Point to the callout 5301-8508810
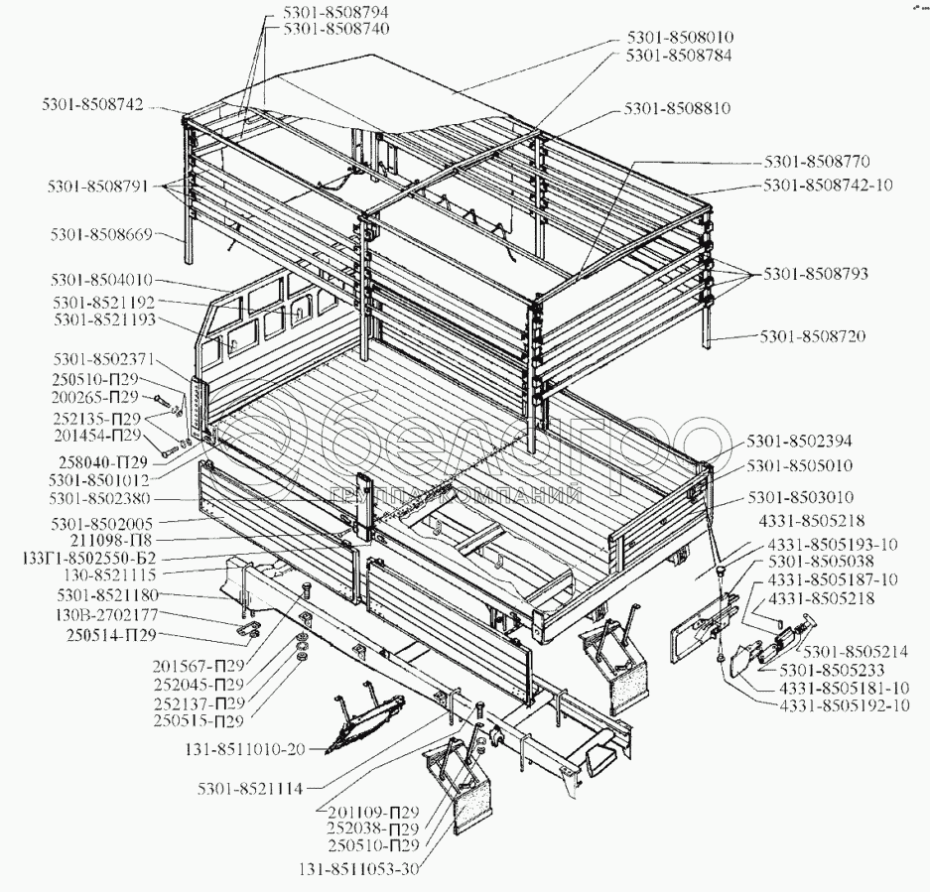[676, 108]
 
